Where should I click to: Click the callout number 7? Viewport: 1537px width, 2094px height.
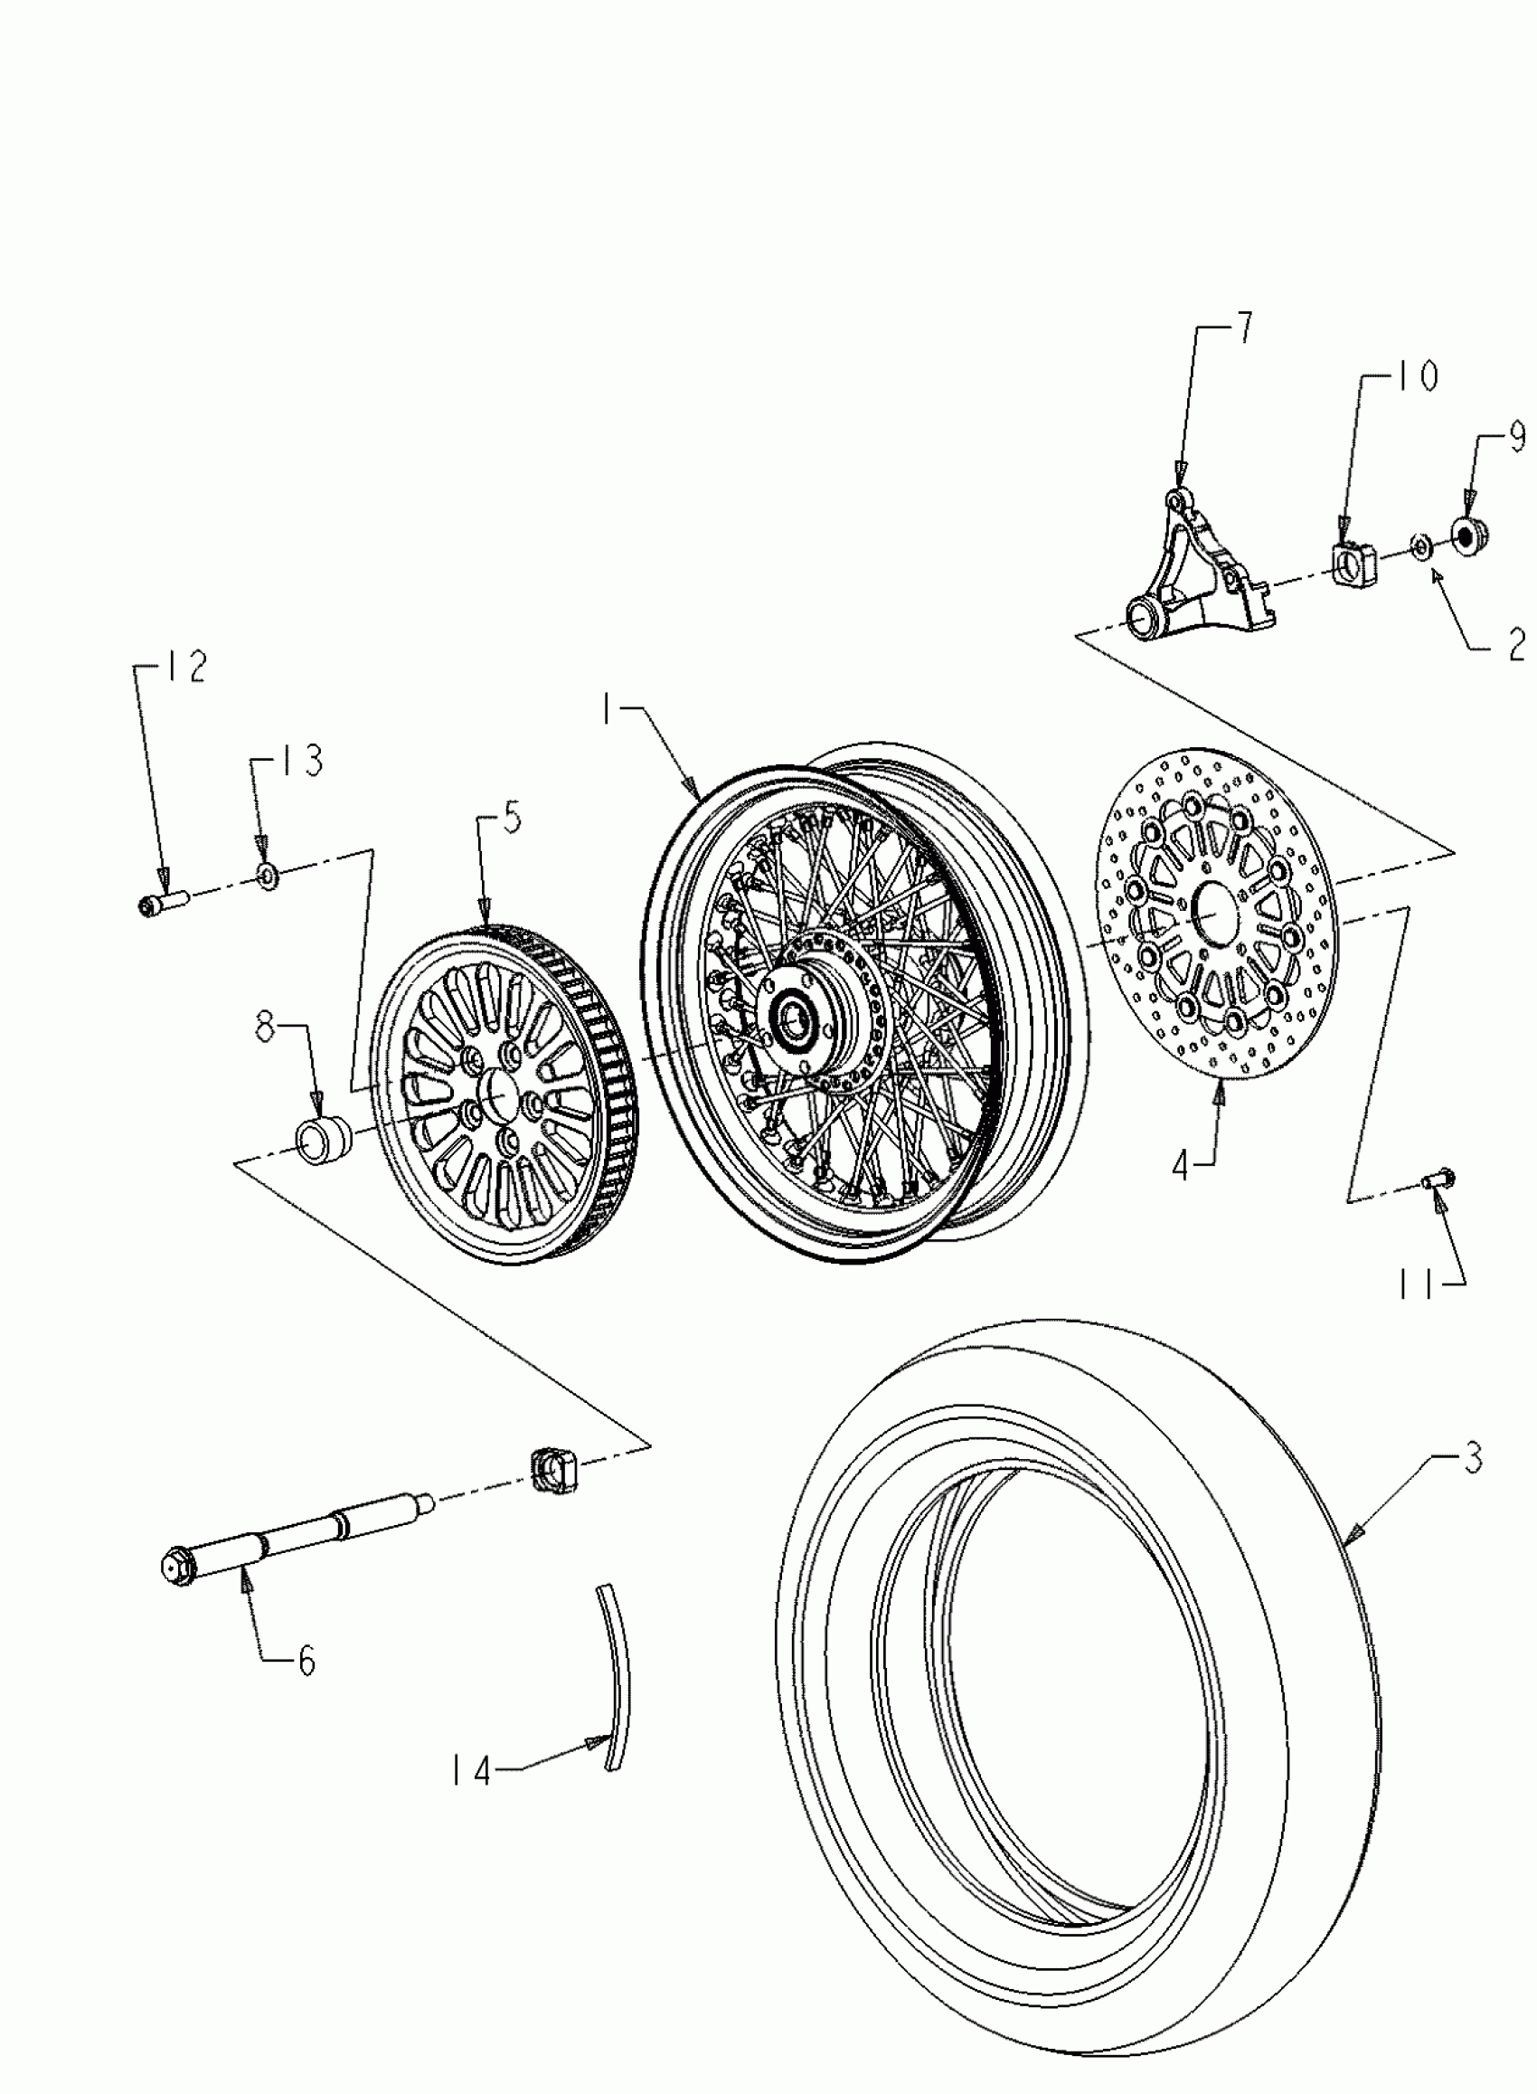tap(1244, 330)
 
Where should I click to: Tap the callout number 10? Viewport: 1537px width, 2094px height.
tap(1416, 377)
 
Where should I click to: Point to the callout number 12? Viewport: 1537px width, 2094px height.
tap(187, 668)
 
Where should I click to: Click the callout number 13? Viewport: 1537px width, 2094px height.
tap(302, 760)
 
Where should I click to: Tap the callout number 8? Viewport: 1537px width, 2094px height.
tap(267, 1031)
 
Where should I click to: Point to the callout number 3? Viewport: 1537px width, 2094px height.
tap(1473, 1458)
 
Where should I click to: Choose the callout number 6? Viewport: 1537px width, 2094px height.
tap(306, 1661)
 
